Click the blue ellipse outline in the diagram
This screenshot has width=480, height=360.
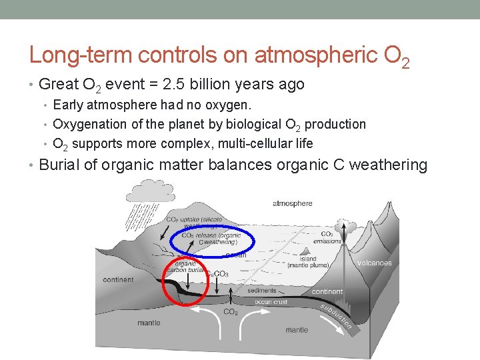point(172,237)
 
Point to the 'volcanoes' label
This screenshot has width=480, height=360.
point(374,263)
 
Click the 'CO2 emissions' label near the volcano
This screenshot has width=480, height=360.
point(327,238)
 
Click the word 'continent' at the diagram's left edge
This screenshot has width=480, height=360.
point(119,280)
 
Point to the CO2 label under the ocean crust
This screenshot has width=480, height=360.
point(231,312)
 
